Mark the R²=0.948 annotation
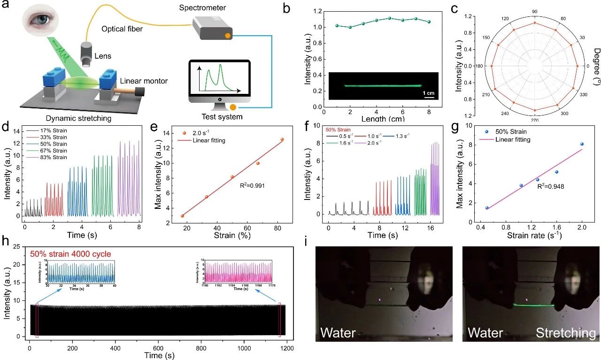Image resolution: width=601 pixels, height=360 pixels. [551, 186]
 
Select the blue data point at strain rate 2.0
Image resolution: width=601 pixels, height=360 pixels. [582, 144]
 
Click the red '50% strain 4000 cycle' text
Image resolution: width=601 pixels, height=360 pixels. [70, 254]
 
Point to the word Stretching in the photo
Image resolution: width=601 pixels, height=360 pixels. [566, 333]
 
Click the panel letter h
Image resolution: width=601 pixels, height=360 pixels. [6, 241]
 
